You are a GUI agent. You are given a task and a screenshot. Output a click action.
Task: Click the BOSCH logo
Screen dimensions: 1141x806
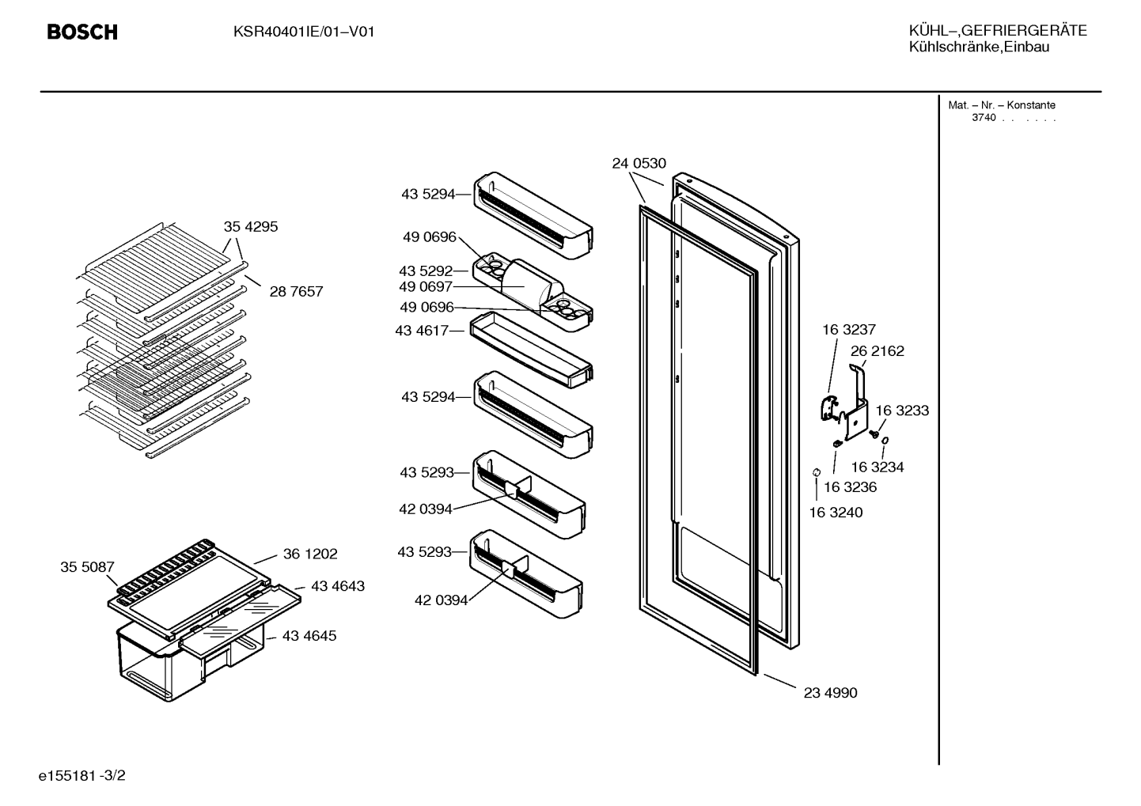tap(82, 32)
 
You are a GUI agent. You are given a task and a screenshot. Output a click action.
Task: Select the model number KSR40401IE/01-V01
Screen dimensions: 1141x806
tap(304, 32)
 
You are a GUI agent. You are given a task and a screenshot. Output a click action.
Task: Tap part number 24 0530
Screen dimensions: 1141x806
tap(639, 164)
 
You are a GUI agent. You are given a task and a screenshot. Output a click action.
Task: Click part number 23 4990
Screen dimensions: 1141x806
tap(830, 693)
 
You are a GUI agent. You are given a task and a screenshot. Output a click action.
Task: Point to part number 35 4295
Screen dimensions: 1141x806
tap(251, 226)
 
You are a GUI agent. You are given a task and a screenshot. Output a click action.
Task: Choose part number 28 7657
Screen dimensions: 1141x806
tap(296, 292)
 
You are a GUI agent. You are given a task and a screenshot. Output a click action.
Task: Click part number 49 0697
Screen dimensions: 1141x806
tap(426, 287)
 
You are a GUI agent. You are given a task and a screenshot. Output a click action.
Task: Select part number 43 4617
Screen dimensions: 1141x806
tap(422, 331)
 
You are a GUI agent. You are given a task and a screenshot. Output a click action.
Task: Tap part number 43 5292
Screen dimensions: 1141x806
tap(426, 271)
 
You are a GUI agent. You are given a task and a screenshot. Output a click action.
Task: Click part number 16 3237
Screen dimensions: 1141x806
tap(849, 330)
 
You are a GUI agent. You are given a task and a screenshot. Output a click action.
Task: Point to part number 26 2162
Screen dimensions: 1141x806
tap(878, 351)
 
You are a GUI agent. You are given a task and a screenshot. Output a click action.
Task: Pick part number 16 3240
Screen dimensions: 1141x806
tap(836, 513)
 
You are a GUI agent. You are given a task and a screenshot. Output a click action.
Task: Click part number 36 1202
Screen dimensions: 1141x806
tap(310, 554)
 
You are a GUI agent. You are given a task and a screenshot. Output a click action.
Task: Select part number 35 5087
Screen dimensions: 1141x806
tap(87, 567)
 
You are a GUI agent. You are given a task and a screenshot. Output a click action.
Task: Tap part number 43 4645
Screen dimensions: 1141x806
tap(309, 636)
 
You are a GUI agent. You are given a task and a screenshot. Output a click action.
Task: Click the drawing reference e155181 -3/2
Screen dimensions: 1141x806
tap(82, 776)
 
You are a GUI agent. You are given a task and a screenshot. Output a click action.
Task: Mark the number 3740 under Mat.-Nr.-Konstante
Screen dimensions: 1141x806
tap(984, 118)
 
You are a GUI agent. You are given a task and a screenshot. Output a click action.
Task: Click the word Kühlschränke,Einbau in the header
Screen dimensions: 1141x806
tap(979, 47)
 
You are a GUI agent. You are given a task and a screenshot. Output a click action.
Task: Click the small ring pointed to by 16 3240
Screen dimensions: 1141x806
tap(816, 472)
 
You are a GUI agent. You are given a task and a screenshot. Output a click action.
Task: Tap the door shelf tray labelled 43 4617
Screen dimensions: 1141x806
tap(531, 350)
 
